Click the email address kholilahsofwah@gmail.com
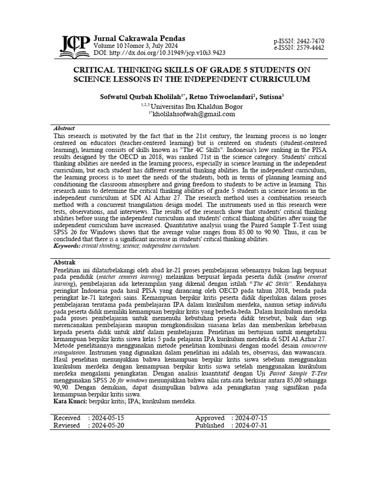tap(187, 114)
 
